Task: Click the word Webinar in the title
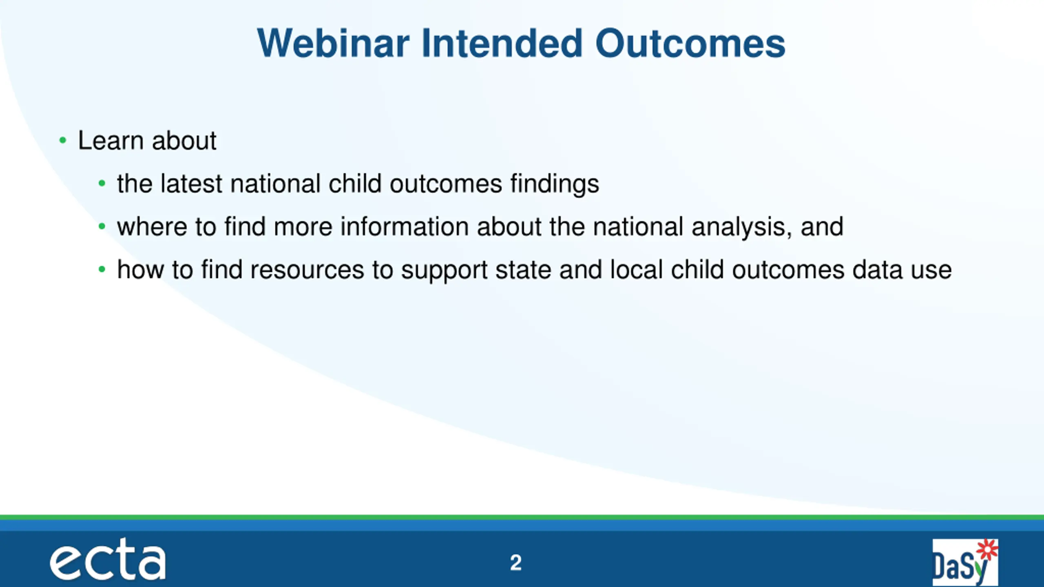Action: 333,43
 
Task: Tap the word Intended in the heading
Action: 502,43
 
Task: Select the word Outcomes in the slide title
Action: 690,43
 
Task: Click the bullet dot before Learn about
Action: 62,141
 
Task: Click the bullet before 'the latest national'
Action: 102,183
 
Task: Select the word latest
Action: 191,183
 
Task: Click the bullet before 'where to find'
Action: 102,226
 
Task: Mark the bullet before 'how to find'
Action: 102,269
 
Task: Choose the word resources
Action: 307,270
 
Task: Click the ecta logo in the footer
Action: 108,559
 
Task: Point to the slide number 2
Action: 516,563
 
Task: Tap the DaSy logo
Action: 965,563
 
